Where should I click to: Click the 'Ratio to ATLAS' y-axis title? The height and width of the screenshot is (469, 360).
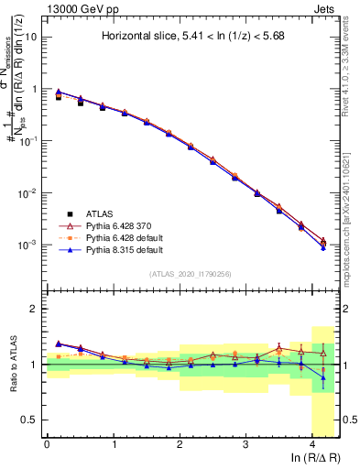(13, 363)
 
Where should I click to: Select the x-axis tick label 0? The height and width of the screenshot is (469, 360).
(47, 444)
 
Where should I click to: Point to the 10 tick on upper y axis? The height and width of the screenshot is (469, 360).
(33, 38)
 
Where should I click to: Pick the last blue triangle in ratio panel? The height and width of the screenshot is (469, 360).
(322, 377)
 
